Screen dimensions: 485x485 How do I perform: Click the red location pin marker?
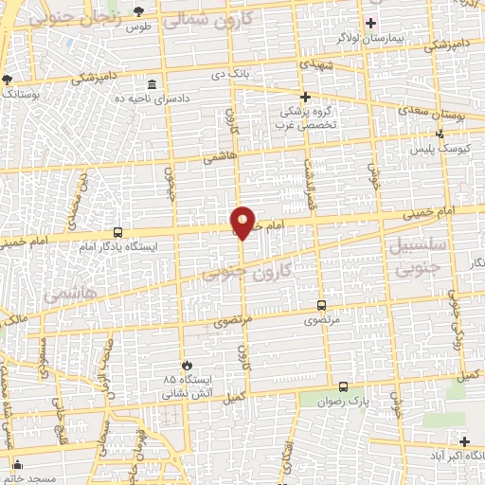pos(242,222)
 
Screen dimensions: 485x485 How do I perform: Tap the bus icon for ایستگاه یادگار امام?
pos(117,232)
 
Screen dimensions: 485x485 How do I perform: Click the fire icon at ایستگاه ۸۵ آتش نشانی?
pos(187,364)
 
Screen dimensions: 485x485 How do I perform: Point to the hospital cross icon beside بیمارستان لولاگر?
pos(371,23)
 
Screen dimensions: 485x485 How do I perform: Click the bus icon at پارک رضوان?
pos(343,386)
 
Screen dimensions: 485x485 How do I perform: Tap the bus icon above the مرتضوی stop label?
pos(320,305)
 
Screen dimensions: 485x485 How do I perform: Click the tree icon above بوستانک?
pos(8,81)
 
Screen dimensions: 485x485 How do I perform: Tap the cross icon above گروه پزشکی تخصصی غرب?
pos(305,97)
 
